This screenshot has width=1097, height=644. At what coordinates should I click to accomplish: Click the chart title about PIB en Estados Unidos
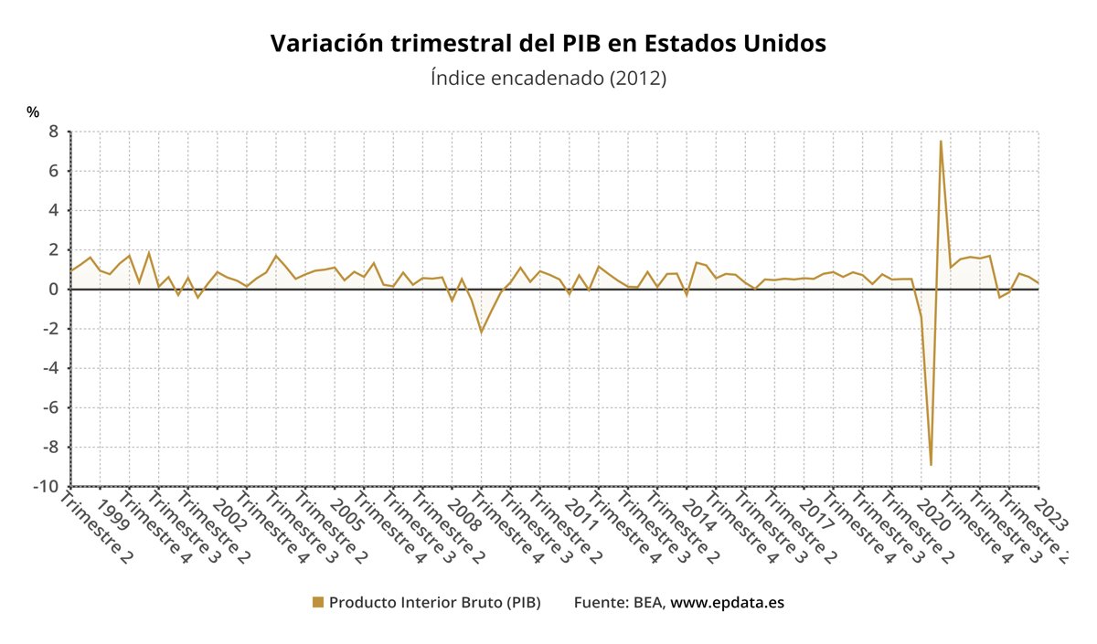pos(548,44)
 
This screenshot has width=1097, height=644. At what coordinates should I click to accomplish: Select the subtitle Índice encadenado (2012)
pos(548,79)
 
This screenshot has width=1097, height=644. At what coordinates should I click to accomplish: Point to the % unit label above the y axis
pos(33,112)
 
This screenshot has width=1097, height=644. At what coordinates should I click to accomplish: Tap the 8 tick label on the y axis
pos(53,132)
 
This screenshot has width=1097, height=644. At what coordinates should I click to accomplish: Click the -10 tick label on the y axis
pos(46,486)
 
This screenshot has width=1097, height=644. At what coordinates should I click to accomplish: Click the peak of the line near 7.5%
pos(941,141)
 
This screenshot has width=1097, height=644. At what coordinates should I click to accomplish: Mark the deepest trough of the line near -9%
pos(931,465)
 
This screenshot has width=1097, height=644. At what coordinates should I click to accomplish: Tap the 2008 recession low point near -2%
pos(482,332)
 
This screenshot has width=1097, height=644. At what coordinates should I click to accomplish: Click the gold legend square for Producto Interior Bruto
pos(318,602)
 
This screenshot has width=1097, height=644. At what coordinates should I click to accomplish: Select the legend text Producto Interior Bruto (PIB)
pos(434,603)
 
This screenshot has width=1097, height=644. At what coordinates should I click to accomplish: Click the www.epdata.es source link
pos(728,603)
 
